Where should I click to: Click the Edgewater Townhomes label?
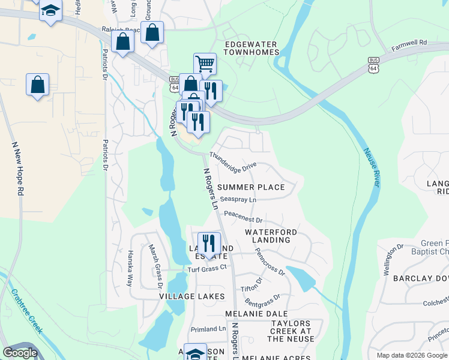pos(252,48)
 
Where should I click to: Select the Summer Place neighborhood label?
pos(251,187)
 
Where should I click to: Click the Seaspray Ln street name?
pos(238,199)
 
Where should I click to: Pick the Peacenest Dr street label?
pos(243,213)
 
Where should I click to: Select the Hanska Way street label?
pos(129,267)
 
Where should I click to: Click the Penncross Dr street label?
pos(270,262)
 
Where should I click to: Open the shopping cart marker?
pos(205,63)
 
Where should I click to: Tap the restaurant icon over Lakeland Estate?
pos(209,243)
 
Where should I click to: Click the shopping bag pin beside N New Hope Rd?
pos(37,85)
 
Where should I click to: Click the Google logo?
pos(20,353)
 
